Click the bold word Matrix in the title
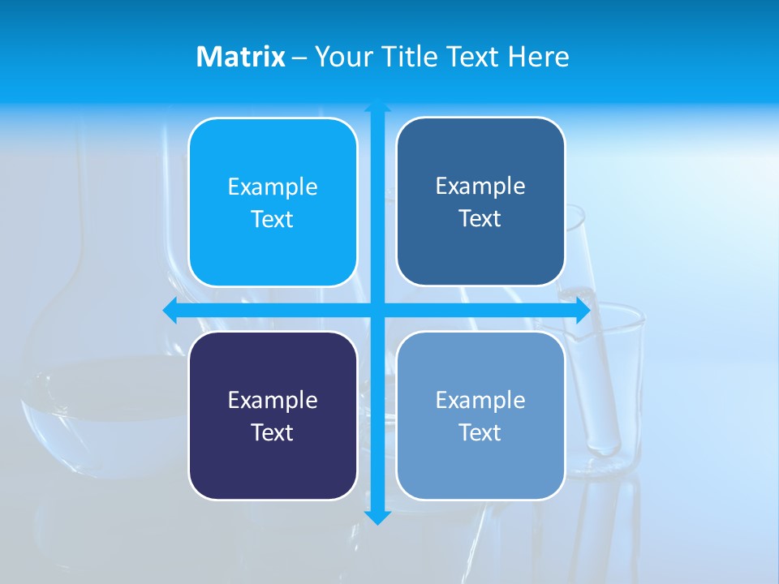coord(241,57)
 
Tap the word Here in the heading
coord(538,57)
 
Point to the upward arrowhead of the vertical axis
coord(377,105)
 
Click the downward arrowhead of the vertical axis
coord(377,517)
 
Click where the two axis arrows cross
coord(377,310)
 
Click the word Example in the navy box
coord(273,400)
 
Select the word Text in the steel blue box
coord(480,219)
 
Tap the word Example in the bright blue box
coord(273,187)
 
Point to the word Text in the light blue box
coord(480,432)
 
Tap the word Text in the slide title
coord(474,57)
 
